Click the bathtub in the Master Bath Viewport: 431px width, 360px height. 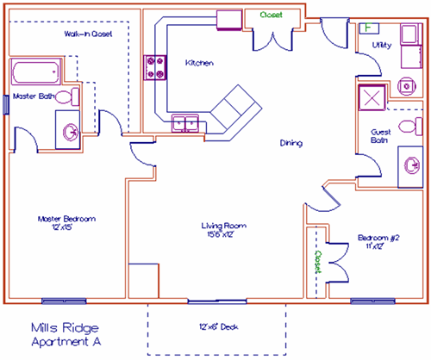click(x=36, y=71)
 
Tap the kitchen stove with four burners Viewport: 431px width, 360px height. click(x=155, y=67)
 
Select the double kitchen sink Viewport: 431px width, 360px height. click(x=185, y=123)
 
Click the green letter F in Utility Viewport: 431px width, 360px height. click(x=368, y=28)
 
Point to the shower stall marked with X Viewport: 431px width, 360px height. click(x=372, y=97)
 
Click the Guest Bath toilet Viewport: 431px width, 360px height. click(x=410, y=127)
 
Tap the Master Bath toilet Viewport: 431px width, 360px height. click(x=67, y=97)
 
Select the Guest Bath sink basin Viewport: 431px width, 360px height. click(x=412, y=166)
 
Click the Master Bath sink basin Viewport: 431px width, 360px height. click(x=71, y=133)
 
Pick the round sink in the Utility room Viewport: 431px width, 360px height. click(x=407, y=86)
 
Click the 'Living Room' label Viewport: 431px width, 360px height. click(x=223, y=226)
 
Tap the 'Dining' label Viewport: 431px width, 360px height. click(x=291, y=143)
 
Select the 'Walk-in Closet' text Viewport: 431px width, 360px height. click(x=88, y=34)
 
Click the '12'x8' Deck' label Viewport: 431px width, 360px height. click(x=219, y=326)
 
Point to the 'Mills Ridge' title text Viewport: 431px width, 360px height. click(x=65, y=328)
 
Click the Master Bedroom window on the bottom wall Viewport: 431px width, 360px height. click(x=64, y=301)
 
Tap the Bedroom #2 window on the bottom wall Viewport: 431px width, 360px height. click(x=372, y=301)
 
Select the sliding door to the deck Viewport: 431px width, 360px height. click(x=217, y=301)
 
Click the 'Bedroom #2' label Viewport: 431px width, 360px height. click(x=378, y=238)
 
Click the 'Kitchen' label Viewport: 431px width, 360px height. click(x=199, y=63)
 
